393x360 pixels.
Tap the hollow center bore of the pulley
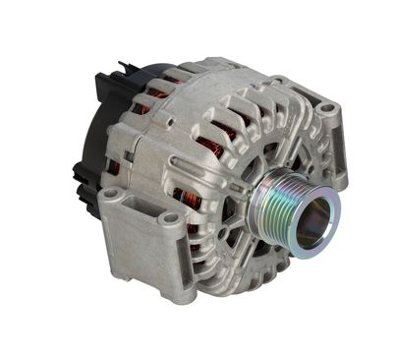click(x=312, y=224)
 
